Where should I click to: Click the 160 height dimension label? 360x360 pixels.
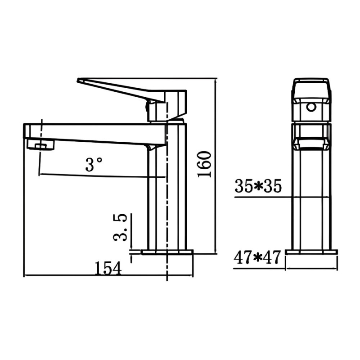[x=204, y=164]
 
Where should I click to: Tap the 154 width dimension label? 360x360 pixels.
[x=108, y=268]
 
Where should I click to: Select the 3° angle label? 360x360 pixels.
[x=94, y=164]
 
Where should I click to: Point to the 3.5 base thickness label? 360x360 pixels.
[x=120, y=227]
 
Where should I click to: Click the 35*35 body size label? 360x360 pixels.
[x=258, y=186]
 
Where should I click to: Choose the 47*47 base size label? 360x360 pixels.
[x=257, y=257]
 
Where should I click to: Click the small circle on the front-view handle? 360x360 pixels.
[x=311, y=107]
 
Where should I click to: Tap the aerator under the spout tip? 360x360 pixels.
[x=40, y=144]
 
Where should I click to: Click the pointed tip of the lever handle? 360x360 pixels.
[x=78, y=81]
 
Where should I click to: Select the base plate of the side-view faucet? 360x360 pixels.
[x=167, y=252]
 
